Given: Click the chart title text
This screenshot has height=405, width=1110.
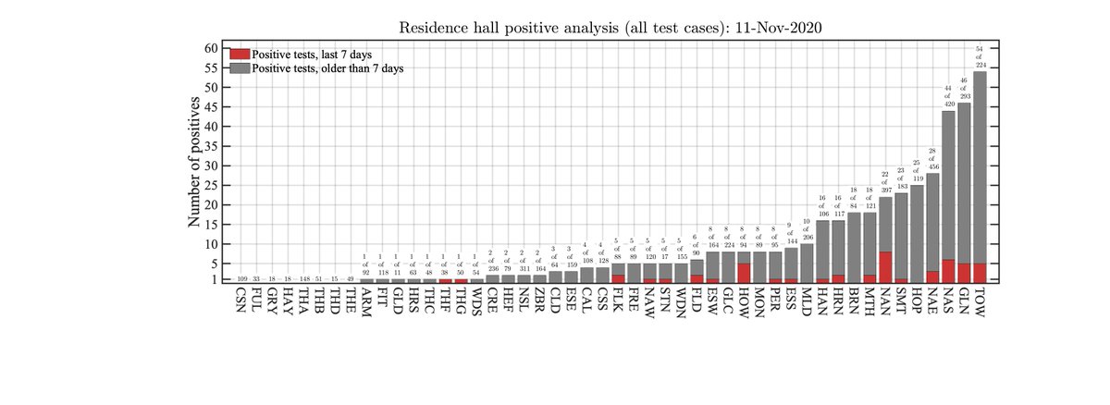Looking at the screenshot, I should pos(610,27).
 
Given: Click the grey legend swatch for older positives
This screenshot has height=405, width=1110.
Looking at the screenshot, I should pos(240,68).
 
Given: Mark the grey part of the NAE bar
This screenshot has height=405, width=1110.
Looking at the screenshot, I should pos(932,221).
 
